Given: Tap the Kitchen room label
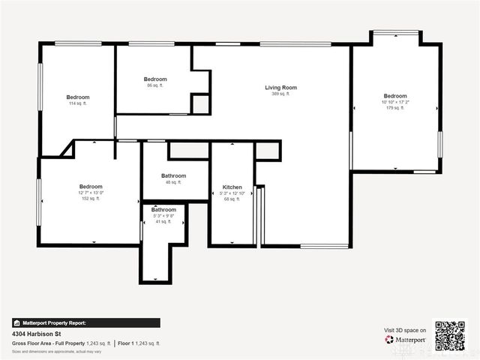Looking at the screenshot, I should (232, 187).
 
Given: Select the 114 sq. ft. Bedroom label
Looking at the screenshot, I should (77, 97).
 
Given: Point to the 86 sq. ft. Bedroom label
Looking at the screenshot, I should (155, 79).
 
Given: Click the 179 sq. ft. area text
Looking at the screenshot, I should (395, 108).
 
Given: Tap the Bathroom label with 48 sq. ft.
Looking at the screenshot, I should (173, 176).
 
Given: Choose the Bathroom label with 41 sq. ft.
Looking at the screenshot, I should (163, 210).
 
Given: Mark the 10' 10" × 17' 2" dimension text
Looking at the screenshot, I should (395, 102).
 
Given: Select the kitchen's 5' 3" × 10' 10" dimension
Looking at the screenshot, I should (232, 193).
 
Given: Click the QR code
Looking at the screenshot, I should (450, 336).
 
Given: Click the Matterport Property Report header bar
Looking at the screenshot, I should (85, 322).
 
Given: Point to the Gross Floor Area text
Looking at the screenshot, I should (61, 343).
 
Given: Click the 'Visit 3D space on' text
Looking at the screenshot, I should (405, 330).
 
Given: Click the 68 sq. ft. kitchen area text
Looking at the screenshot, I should (232, 199).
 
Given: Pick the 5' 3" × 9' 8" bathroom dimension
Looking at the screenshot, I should (163, 216).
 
